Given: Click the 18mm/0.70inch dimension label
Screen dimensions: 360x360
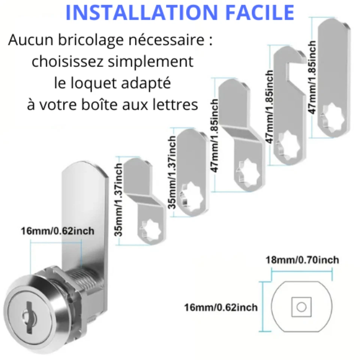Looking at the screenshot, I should click(302, 260).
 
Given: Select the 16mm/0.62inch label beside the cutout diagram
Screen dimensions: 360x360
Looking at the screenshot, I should click(221, 307).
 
